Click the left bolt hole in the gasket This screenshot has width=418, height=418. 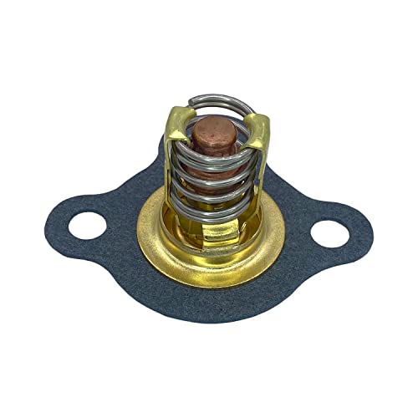pyautogui.click(x=87, y=225)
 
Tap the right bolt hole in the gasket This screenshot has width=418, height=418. pyautogui.click(x=332, y=232)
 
